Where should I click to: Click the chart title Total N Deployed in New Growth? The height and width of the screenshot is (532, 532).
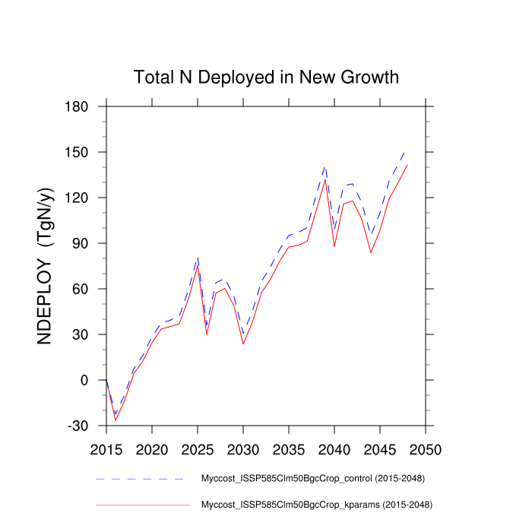266,78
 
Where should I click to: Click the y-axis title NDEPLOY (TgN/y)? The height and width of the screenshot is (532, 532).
46,266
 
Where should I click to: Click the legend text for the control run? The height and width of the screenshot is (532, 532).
312,479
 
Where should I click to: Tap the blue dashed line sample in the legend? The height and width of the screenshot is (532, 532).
141,479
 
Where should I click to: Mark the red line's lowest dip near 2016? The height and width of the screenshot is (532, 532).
116,420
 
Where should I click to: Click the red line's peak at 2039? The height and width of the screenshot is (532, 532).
325,179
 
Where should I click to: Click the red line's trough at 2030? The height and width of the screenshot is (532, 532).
243,344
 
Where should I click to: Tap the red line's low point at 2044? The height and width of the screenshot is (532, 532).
371,252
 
